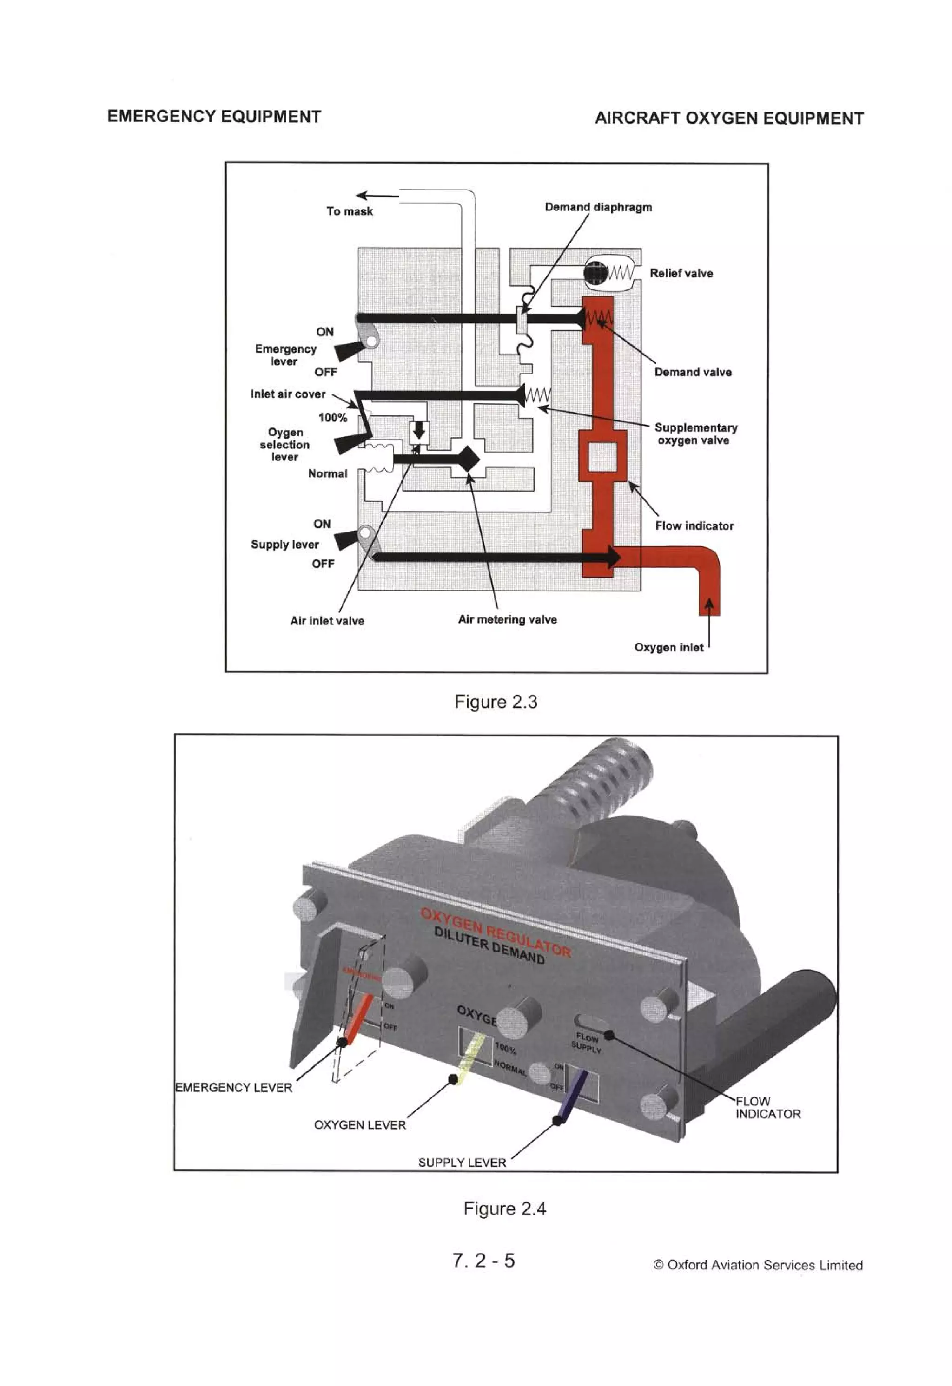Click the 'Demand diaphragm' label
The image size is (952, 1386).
[x=598, y=207]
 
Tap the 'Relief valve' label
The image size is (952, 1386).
[x=681, y=273]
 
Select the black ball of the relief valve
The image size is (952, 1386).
[x=596, y=273]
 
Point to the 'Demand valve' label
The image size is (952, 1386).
[x=693, y=372]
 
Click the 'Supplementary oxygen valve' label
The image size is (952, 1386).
[x=695, y=434]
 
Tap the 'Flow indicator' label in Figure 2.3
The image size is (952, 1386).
[x=694, y=525]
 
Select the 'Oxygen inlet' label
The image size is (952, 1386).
[x=668, y=647]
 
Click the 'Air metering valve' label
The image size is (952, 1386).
[x=507, y=619]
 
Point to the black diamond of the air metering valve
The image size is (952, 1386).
[x=467, y=459]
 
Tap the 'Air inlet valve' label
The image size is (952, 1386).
[x=327, y=620]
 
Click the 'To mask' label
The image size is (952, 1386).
[x=350, y=211]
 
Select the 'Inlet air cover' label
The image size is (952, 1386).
[x=288, y=394]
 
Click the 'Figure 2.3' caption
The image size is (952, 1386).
[x=496, y=701]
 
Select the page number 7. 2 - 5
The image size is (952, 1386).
[x=483, y=1260]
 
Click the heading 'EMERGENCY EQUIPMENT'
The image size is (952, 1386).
[x=214, y=116]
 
